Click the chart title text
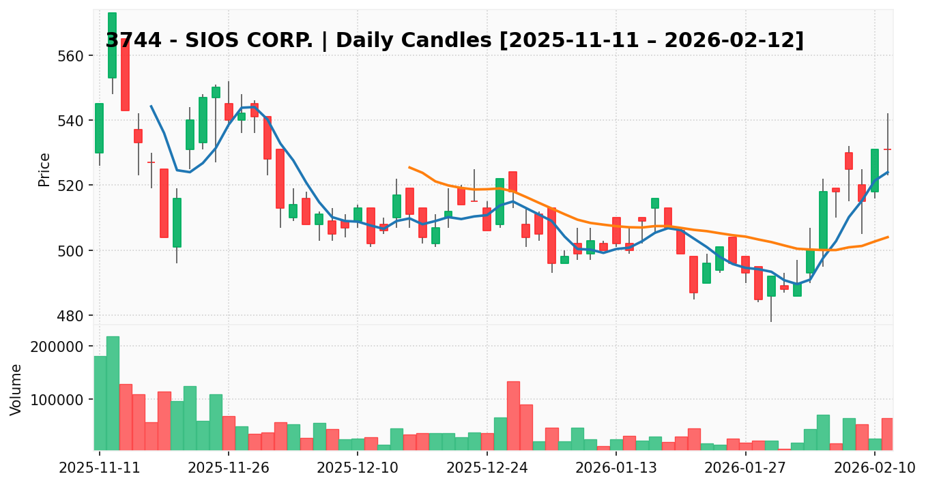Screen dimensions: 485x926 (x=454, y=41)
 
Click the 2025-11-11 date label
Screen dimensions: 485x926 (x=100, y=468)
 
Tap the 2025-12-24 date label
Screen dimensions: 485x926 (x=487, y=468)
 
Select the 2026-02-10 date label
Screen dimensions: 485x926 (x=874, y=468)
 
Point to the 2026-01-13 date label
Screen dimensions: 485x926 (x=616, y=468)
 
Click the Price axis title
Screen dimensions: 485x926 (x=44, y=169)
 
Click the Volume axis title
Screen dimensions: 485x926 (x=16, y=390)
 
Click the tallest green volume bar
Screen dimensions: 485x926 (x=113, y=393)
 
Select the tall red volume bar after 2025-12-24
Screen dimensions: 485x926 (x=513, y=415)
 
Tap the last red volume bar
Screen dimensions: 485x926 (x=887, y=434)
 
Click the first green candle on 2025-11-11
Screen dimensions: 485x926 (x=100, y=128)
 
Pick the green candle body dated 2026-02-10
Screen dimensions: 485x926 (x=874, y=171)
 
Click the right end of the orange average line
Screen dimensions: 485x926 (x=887, y=237)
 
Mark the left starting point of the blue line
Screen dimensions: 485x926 (x=151, y=106)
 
